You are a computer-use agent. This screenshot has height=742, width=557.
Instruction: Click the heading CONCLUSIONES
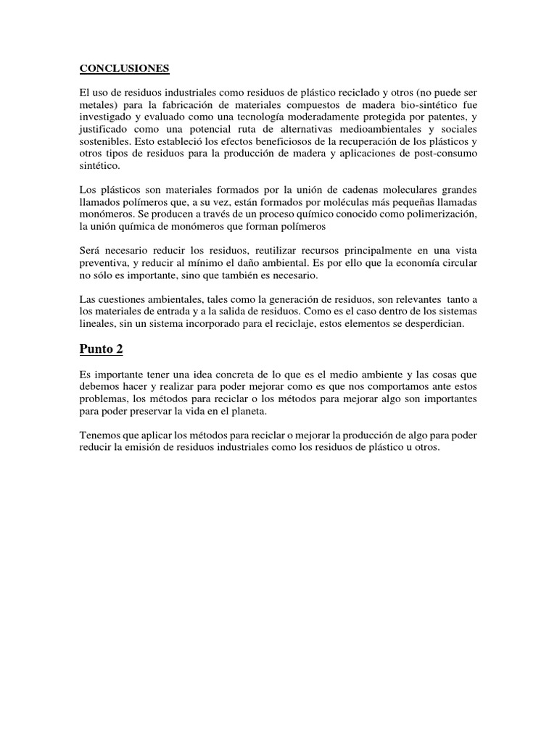coord(123,69)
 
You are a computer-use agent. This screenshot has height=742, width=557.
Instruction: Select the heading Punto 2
coord(101,349)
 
